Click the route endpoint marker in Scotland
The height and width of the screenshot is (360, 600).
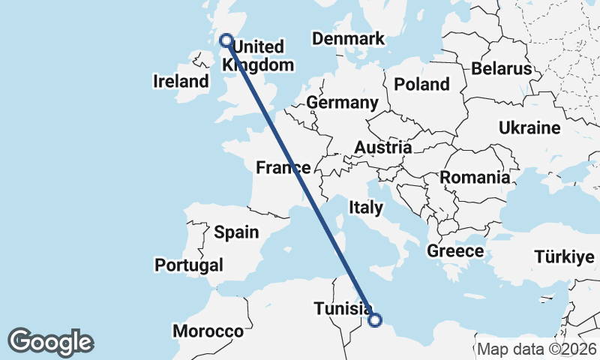(225, 40)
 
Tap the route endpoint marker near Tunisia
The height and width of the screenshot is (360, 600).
(375, 320)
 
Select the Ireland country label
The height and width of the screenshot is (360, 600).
(181, 81)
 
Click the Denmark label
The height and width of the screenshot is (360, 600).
(349, 39)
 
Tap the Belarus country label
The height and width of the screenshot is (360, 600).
(502, 69)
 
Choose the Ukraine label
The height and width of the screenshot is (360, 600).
(529, 127)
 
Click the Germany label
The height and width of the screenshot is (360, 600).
(342, 103)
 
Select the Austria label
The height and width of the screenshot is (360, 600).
(382, 148)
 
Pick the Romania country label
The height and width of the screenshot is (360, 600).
(474, 178)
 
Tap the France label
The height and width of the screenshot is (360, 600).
(283, 167)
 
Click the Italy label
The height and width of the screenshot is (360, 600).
(367, 205)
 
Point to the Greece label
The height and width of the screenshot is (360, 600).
(455, 250)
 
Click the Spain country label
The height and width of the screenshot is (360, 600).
(236, 232)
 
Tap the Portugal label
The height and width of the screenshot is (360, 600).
(189, 265)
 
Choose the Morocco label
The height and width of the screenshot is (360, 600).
(208, 331)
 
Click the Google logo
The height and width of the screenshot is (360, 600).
(50, 342)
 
